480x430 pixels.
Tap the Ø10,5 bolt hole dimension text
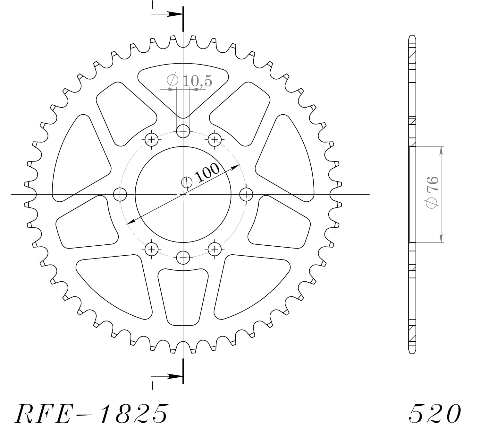(189, 81)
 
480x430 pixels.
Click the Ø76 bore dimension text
(431, 192)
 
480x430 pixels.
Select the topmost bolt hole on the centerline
(183, 131)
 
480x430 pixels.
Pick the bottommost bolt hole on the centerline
(183, 257)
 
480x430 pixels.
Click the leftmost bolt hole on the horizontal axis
(121, 194)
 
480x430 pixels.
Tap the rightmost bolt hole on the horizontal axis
(246, 194)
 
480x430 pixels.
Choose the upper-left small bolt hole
(151, 140)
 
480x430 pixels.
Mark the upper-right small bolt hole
(215, 140)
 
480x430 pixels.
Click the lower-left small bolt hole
(151, 249)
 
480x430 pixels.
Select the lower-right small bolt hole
(215, 249)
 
